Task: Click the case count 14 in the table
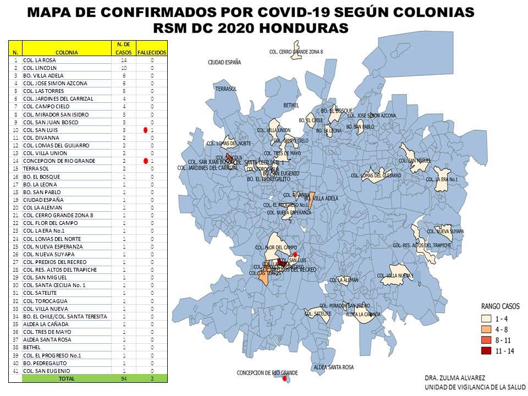[124, 60]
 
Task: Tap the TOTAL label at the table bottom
[67, 379]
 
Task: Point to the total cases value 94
[124, 379]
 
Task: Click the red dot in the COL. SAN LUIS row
[145, 130]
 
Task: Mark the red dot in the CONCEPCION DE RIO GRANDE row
[145, 161]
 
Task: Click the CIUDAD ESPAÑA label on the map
[224, 63]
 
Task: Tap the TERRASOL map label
[226, 89]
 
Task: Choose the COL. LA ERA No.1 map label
[442, 179]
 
